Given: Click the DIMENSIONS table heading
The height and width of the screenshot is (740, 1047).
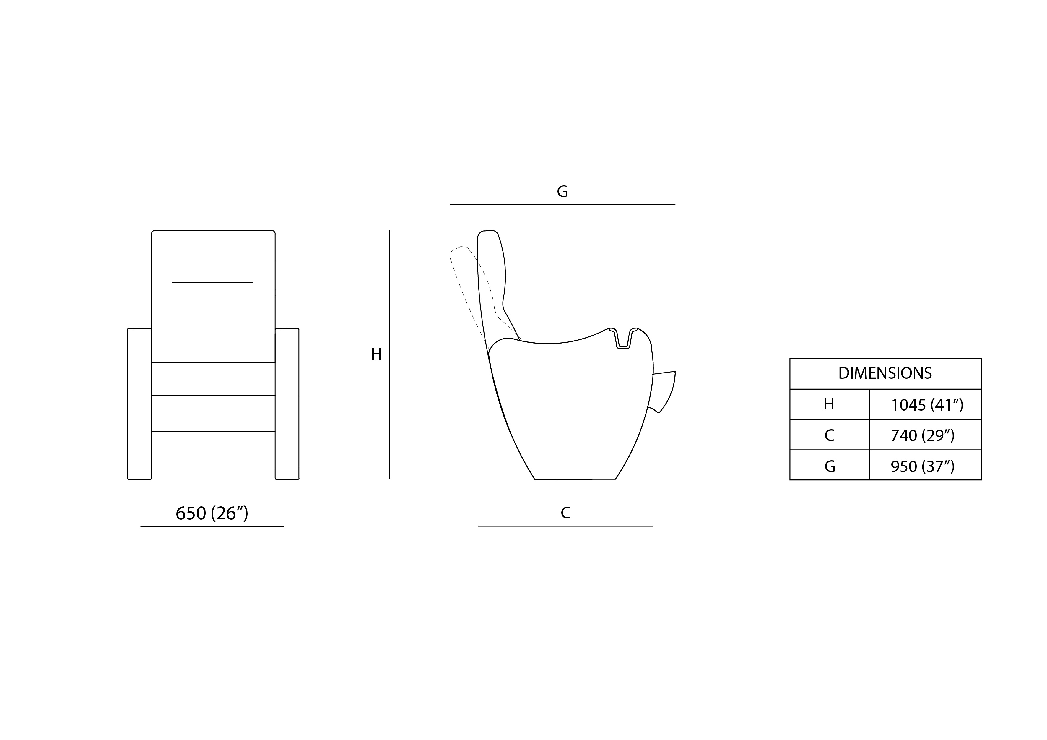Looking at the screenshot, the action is (x=885, y=373).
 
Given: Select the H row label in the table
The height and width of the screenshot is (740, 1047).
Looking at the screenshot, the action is (x=829, y=404).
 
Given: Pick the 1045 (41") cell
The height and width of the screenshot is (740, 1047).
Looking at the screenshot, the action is (x=927, y=405).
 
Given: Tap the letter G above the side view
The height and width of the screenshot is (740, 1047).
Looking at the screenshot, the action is (x=562, y=191).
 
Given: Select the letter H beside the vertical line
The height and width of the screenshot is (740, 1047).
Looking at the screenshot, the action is (x=376, y=354).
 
